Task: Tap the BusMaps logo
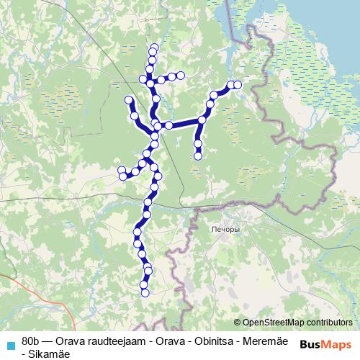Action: (325, 344)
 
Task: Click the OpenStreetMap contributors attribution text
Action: (297, 323)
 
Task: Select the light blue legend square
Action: (9, 344)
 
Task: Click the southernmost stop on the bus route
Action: (144, 292)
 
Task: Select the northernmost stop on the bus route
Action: (153, 48)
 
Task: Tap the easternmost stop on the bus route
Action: (238, 85)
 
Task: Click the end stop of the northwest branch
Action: (129, 99)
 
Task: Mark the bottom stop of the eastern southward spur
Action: (198, 154)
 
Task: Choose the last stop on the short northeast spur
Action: (181, 75)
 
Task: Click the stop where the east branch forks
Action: (202, 120)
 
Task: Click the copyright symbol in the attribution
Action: (238, 323)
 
